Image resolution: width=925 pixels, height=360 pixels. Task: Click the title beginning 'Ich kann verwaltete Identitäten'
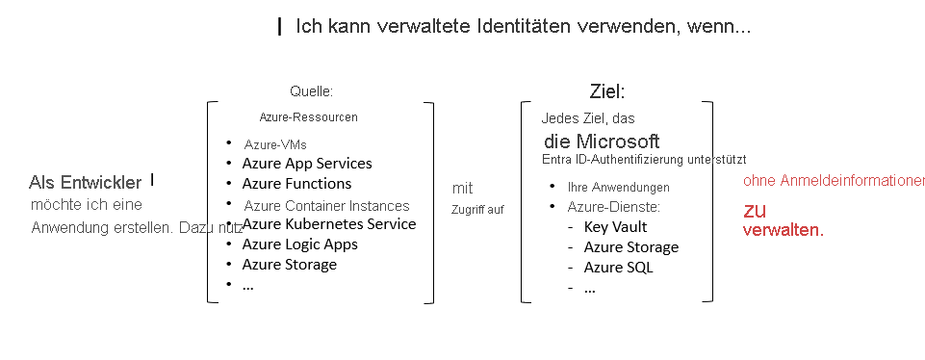(x=523, y=26)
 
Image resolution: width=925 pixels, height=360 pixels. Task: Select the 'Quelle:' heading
(x=311, y=91)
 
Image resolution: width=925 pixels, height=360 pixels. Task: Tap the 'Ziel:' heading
(x=607, y=91)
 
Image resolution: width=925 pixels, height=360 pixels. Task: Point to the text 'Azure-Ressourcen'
(x=308, y=117)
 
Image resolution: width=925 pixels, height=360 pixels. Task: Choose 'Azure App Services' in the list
(x=306, y=164)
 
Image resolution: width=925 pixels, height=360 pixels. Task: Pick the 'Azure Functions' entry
(x=296, y=184)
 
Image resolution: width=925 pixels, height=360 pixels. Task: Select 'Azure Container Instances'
(x=326, y=205)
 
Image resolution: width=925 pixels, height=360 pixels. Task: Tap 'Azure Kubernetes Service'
(x=328, y=224)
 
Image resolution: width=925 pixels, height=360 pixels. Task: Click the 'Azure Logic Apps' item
(x=299, y=244)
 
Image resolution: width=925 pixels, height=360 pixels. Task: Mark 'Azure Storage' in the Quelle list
(x=289, y=265)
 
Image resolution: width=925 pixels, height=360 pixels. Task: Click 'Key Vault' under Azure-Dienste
(x=615, y=227)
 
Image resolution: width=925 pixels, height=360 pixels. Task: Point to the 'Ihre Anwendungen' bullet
(x=619, y=187)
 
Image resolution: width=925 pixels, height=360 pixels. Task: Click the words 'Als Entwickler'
(x=86, y=182)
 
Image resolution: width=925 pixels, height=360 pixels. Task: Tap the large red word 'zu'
(x=754, y=210)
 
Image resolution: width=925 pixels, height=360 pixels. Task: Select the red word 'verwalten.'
(x=783, y=231)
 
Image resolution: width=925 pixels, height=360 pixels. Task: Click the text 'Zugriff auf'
(x=477, y=209)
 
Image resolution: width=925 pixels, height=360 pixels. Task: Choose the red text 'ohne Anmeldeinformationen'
(x=834, y=181)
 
